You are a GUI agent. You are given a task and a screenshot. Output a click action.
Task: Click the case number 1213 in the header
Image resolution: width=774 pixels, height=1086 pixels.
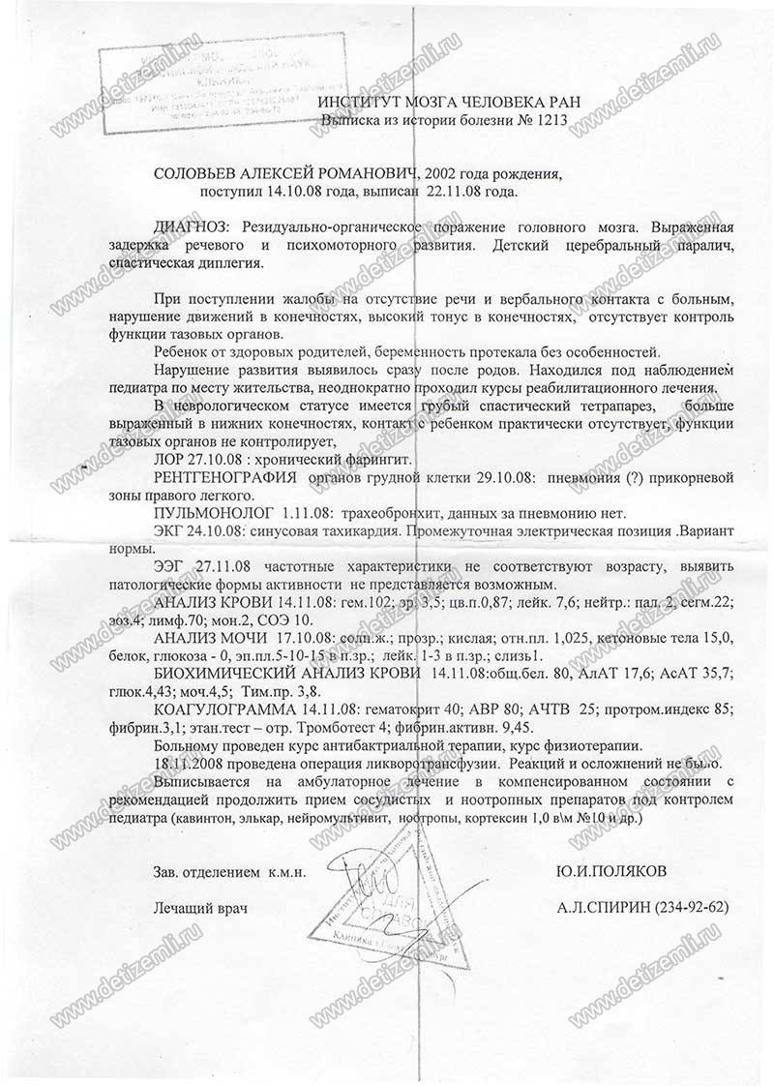click(547, 123)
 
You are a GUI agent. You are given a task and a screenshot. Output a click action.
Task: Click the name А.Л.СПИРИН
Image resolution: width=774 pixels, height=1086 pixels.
click(604, 908)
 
